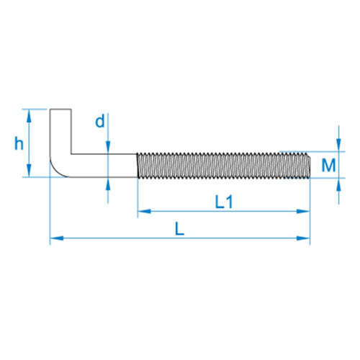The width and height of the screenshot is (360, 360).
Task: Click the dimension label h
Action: [19, 143]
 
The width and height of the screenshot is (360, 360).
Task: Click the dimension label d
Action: [100, 121]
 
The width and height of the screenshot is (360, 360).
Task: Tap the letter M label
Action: [328, 166]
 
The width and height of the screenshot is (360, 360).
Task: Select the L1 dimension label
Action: [224, 202]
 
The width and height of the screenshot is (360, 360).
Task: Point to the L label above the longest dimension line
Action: [179, 229]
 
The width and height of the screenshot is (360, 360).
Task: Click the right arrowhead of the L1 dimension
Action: [303, 212]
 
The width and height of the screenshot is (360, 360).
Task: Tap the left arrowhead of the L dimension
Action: [57, 238]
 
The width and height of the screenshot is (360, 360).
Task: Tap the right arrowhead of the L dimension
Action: [303, 238]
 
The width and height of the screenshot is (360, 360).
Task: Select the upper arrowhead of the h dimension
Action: [29, 116]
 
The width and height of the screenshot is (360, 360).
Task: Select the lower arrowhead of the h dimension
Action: [29, 171]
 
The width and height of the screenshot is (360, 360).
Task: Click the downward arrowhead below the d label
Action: [108, 148]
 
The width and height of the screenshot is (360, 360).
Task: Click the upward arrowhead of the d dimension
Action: [108, 184]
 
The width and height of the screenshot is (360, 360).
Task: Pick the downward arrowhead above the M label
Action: [338, 145]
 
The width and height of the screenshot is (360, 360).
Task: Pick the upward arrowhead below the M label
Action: [338, 184]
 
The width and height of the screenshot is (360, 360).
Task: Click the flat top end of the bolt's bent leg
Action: [60, 109]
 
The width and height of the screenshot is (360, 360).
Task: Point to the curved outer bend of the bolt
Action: [57, 170]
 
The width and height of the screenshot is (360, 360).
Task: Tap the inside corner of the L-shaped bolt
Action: [71, 154]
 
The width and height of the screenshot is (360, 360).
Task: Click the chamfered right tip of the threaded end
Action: [310, 166]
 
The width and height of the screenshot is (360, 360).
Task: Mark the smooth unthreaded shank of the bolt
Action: [104, 166]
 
